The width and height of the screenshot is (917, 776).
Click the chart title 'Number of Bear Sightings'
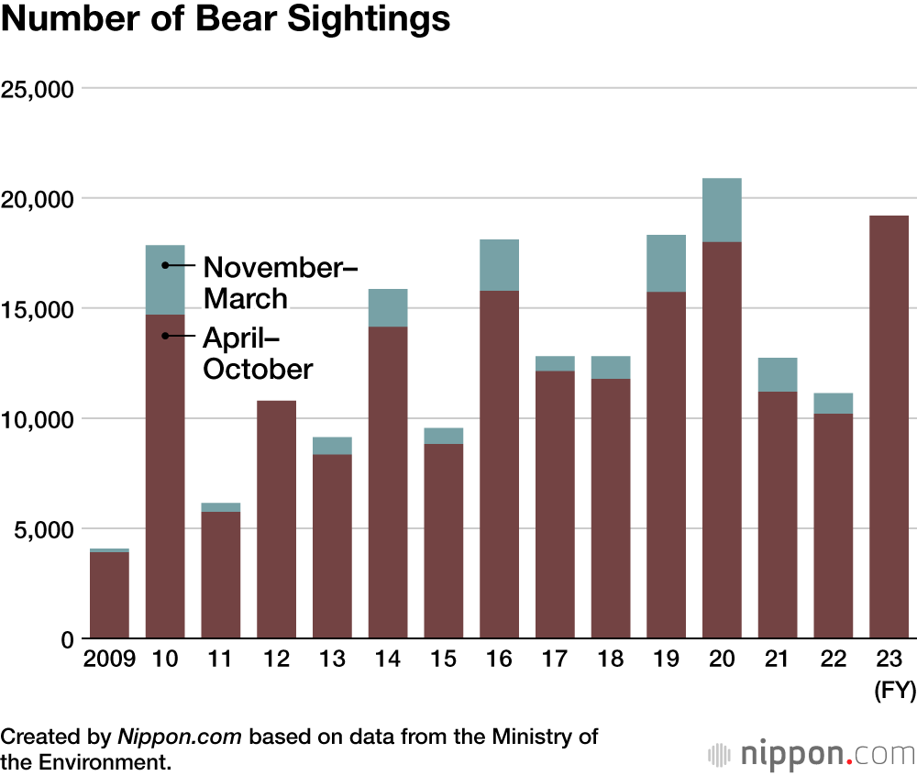pos(226,20)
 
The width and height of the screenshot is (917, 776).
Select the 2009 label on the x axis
pos(109,660)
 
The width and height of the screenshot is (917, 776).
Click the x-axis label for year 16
pos(499,660)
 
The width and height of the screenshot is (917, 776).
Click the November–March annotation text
pos(279,283)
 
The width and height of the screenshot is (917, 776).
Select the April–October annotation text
pos(257,353)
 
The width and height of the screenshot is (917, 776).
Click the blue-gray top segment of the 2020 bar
pos(722,210)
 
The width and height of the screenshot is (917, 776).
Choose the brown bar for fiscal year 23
pos(889,427)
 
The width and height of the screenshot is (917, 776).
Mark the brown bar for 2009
pos(109,594)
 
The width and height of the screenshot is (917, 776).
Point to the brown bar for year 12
pos(276,519)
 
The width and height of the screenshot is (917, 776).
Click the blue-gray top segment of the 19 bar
pos(666,263)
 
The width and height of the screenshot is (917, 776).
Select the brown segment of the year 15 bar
pos(443,541)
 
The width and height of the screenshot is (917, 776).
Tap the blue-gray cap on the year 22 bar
pos(833,404)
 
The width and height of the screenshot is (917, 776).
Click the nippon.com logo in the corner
pos(811,754)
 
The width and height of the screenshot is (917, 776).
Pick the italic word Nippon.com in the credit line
pos(182,737)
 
